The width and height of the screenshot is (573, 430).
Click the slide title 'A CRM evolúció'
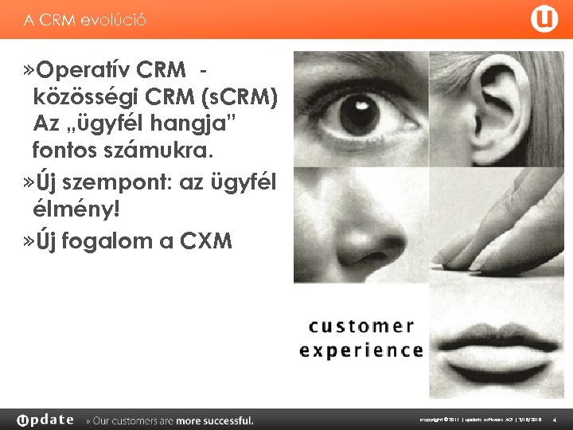click(x=85, y=20)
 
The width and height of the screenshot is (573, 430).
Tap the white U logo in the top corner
click(x=544, y=20)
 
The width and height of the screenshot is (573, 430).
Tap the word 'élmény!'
click(x=76, y=209)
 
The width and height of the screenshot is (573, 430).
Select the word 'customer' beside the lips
click(x=361, y=326)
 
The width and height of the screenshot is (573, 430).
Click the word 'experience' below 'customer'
click(x=361, y=350)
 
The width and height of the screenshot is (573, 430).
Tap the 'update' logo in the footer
click(x=45, y=420)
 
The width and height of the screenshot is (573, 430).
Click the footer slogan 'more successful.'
click(x=215, y=420)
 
